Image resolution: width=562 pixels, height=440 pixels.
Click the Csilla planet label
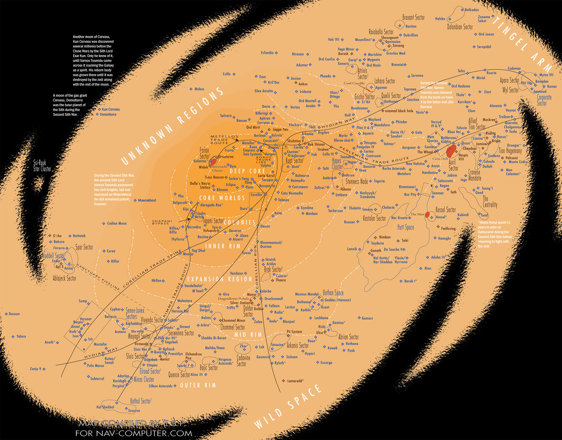pyautogui.click(x=227, y=74)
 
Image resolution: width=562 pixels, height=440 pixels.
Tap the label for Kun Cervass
pyautogui.click(x=111, y=109)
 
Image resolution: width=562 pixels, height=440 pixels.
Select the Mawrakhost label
pyautogui.click(x=147, y=200)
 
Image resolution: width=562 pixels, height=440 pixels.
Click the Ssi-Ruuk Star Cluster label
pyautogui.click(x=42, y=166)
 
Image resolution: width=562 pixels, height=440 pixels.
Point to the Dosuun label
pyautogui.click(x=14, y=314)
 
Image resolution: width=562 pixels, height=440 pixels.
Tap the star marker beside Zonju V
pyautogui.click(x=44, y=369)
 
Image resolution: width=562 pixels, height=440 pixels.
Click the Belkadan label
pyautogui.click(x=472, y=10)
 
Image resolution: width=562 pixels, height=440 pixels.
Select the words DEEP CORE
pyautogui.click(x=248, y=171)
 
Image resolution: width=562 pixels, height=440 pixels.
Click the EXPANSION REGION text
pyautogui.click(x=219, y=279)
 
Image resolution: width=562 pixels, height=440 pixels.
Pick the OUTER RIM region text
pyautogui.click(x=198, y=385)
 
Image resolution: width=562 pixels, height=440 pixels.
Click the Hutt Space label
pyautogui.click(x=405, y=227)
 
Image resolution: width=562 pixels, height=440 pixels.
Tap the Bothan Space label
pyautogui.click(x=333, y=293)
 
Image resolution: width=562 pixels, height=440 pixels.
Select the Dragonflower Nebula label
pyautogui.click(x=233, y=299)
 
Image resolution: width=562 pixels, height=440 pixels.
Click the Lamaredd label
pyautogui.click(x=295, y=381)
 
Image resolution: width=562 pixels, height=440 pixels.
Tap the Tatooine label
pyautogui.click(x=277, y=345)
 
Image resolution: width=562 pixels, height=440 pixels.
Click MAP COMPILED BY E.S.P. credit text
pyautogui.click(x=132, y=424)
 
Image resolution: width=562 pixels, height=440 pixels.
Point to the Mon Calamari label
pyautogui.click(x=513, y=172)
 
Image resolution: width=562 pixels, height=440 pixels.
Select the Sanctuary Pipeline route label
pyautogui.click(x=98, y=277)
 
